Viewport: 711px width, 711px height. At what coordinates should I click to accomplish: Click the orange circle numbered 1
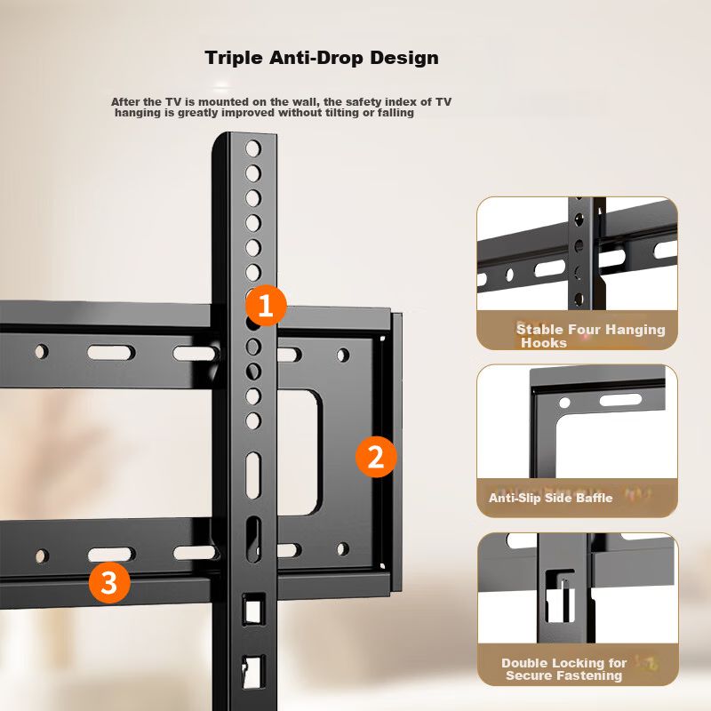point(266,305)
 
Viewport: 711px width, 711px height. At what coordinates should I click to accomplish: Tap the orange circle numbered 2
point(376,457)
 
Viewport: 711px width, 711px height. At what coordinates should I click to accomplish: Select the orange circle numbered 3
point(109,582)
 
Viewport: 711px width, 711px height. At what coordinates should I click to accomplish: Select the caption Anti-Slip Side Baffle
point(550,498)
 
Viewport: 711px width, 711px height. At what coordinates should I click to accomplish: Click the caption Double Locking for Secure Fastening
point(564,669)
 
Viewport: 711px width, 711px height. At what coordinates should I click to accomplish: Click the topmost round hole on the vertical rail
point(253,148)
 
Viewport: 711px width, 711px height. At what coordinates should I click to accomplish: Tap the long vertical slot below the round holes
point(253,475)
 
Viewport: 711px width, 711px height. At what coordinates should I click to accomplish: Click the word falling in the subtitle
point(395,113)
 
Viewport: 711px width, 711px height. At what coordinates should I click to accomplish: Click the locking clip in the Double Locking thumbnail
point(561,598)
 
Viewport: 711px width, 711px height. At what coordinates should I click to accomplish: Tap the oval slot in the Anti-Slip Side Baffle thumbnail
point(620,400)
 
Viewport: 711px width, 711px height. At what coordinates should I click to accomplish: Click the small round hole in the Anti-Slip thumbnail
point(564,403)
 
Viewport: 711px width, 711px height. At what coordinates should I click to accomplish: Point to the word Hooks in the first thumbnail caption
point(544,343)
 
